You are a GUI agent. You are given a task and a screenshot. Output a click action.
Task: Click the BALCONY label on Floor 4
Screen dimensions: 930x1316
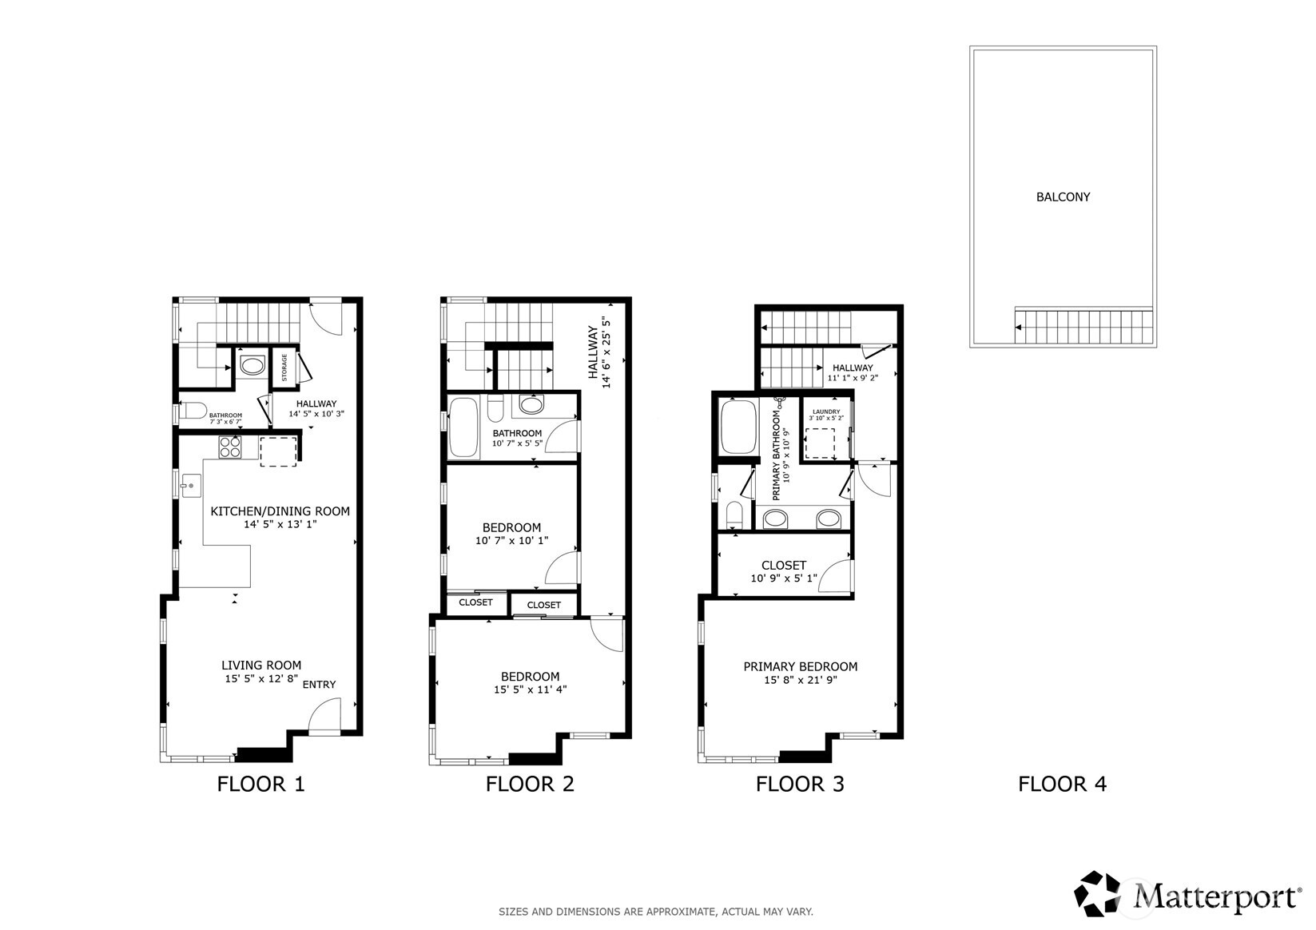[x=1062, y=197]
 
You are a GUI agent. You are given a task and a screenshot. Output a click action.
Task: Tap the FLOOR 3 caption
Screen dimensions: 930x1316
[x=799, y=784]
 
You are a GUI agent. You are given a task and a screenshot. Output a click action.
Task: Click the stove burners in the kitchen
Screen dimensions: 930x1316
[x=230, y=447]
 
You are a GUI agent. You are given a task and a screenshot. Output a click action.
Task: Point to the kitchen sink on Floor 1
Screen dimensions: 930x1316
[x=190, y=485]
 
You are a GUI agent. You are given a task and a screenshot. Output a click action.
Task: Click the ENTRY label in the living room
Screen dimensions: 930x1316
[x=319, y=684]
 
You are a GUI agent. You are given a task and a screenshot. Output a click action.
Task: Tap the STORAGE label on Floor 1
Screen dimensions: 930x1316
[x=284, y=368]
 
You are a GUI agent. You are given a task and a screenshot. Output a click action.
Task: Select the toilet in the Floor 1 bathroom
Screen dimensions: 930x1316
[x=193, y=412]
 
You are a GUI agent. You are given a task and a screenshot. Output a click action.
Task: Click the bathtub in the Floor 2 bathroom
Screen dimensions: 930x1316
[x=463, y=428]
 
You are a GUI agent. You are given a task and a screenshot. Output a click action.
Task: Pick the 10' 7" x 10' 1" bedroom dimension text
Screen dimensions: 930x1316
[x=511, y=541]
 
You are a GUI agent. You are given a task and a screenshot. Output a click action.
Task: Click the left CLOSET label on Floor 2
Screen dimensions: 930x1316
[x=475, y=602]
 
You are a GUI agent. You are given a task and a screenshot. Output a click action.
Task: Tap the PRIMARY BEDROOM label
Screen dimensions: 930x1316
[x=800, y=666]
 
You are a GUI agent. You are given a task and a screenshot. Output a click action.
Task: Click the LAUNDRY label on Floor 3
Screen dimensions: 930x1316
[x=825, y=411]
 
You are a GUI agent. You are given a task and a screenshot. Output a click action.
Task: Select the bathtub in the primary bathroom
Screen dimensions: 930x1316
[x=738, y=427]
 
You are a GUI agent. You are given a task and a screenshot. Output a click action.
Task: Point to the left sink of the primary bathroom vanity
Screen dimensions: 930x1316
[x=775, y=519]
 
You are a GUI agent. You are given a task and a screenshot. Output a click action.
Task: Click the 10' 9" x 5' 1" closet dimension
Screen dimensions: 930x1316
[x=783, y=578]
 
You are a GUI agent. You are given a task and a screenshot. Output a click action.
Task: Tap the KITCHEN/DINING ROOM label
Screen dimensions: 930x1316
[x=280, y=511]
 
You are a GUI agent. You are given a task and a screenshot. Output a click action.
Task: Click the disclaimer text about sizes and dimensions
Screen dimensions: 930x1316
[x=655, y=911]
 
